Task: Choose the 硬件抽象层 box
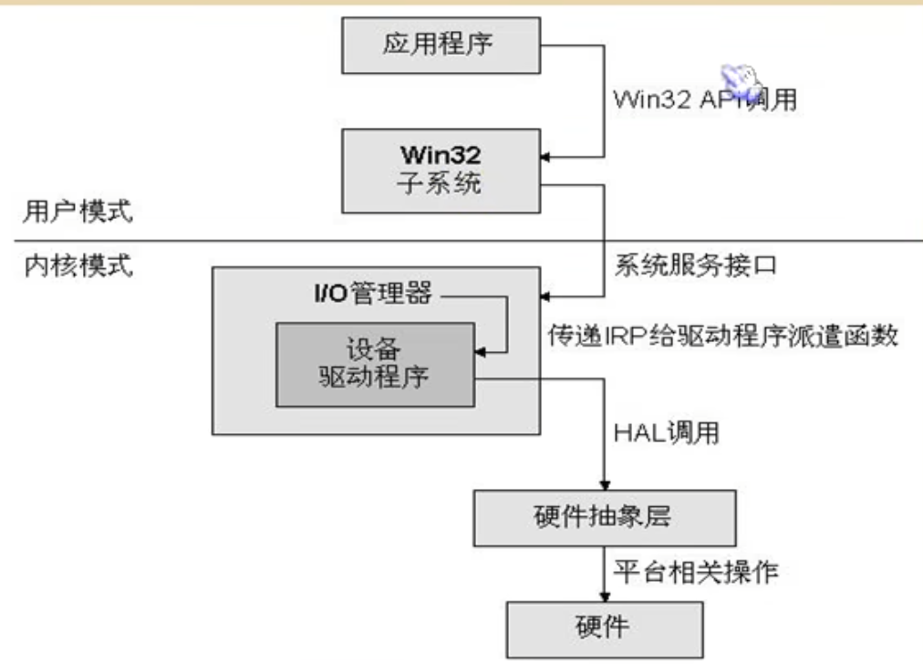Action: coord(603,517)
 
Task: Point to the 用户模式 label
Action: coord(78,213)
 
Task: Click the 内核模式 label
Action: coord(78,267)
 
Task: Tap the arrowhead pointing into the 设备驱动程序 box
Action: coord(479,351)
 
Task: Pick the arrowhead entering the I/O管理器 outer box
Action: coord(546,296)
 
